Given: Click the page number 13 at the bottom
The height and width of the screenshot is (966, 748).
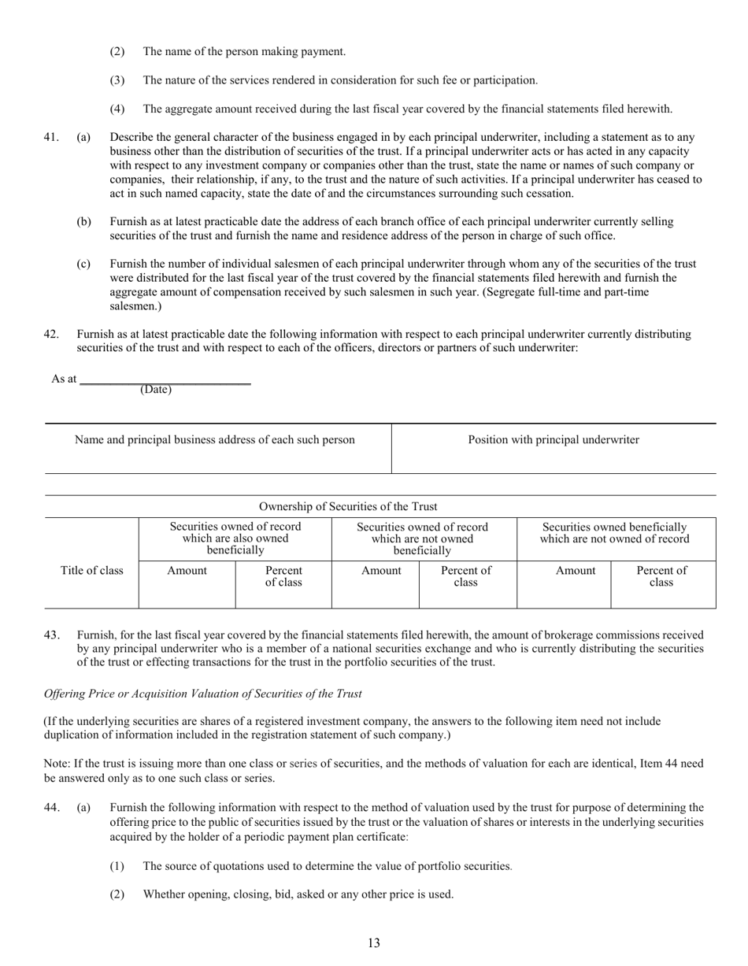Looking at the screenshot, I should pos(373,943).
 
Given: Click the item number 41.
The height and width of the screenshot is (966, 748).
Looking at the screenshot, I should pos(50,137).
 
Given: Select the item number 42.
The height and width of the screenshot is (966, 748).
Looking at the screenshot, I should pos(50,334).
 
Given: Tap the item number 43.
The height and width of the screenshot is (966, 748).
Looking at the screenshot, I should pos(50,635).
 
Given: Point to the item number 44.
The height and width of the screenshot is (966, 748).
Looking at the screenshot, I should pos(50,807).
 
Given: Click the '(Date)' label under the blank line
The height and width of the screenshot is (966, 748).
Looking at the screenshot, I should pos(155,390).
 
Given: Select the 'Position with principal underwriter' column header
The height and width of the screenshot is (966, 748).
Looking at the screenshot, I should pos(554,440).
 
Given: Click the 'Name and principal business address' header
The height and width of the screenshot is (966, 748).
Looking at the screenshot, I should pos(214,440).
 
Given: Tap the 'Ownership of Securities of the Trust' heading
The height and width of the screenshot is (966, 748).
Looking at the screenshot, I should pos(348,506).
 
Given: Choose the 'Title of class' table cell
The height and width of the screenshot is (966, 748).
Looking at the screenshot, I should pos(91,571).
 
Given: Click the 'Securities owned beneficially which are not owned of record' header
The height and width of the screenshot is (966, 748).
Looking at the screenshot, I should pos(614,533).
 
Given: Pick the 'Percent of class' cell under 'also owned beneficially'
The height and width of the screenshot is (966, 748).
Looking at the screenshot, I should pos(283,576).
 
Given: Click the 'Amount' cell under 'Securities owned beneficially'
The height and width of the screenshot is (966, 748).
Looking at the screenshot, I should pos(575,571).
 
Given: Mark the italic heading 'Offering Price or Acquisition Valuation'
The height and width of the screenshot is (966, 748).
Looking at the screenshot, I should pos(202,694).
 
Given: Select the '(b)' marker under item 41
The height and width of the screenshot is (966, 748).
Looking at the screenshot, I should pos(83,222).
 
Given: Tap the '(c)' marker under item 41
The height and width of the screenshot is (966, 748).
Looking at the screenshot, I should pos(83,265).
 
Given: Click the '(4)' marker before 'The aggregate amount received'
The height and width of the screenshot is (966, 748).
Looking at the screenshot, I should pos(117,109).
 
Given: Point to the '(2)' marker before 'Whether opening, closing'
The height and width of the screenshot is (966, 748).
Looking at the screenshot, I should pos(117,894).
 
